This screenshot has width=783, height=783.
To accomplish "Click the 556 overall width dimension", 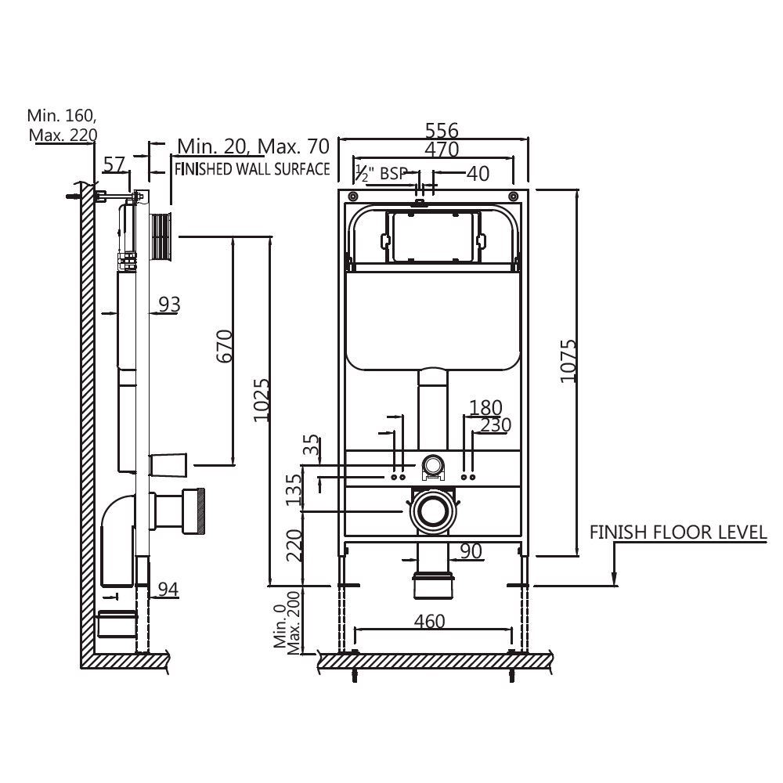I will [x=441, y=130].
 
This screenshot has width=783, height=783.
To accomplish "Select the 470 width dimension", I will [x=441, y=149].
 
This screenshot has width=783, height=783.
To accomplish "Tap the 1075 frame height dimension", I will [x=568, y=360].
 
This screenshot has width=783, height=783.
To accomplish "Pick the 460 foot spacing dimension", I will [x=429, y=621].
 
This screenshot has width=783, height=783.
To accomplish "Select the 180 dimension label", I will [x=485, y=407].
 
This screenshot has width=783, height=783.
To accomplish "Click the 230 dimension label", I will [x=496, y=425].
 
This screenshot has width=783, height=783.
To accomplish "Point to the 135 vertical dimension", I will [x=294, y=490].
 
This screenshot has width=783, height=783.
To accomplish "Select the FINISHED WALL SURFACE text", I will [x=251, y=168].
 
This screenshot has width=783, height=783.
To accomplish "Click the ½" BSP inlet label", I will [x=381, y=173].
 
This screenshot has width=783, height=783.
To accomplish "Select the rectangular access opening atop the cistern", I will [x=433, y=236].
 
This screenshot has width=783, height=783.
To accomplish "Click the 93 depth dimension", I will [x=168, y=304].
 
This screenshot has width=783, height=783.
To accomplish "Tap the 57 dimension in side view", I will [x=115, y=164].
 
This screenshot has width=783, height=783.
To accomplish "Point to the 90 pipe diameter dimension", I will [x=470, y=551].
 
